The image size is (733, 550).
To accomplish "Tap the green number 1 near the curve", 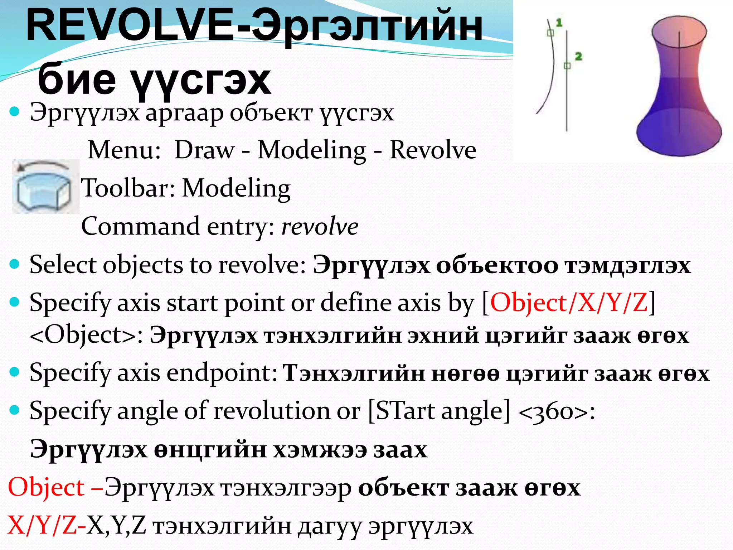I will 559,23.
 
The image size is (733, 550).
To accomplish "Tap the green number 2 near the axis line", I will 578,56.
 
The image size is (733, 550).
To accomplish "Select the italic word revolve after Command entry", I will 320,226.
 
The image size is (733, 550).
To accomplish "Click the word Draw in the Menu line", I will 204,150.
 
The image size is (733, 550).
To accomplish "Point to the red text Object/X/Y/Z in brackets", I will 569,303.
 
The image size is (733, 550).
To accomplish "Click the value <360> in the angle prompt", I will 553,411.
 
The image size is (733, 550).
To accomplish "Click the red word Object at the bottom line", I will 46,487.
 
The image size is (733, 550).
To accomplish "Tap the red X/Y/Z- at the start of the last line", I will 46,525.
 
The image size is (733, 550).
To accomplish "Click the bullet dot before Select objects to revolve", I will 15,265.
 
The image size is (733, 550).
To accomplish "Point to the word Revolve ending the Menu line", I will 433,150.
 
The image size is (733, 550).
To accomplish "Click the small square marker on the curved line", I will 551,33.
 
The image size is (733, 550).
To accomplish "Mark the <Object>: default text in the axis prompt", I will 86,335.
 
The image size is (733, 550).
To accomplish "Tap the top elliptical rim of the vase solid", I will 679,31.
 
